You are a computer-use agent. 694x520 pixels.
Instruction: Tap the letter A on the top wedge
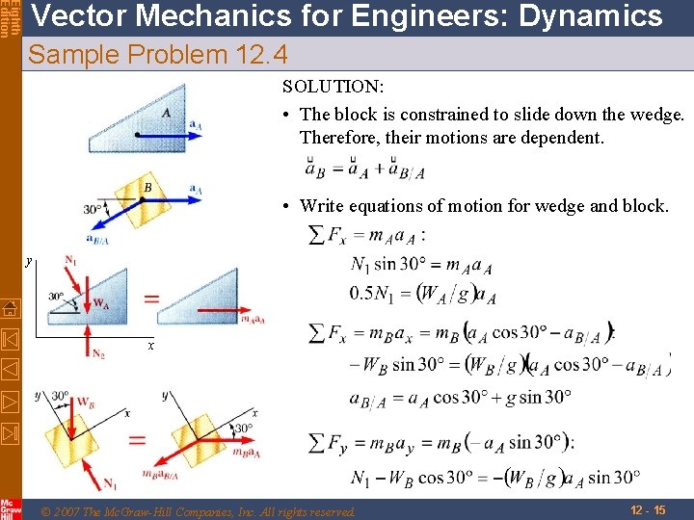167,113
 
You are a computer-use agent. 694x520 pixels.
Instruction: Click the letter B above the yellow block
147,186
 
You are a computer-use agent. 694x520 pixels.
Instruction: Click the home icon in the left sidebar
9,309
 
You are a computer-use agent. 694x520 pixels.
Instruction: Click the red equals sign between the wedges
151,299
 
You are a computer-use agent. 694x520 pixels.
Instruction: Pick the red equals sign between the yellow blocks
138,440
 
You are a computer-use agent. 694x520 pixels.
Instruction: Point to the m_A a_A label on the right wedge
253,319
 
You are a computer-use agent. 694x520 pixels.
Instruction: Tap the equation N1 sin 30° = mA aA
422,265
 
